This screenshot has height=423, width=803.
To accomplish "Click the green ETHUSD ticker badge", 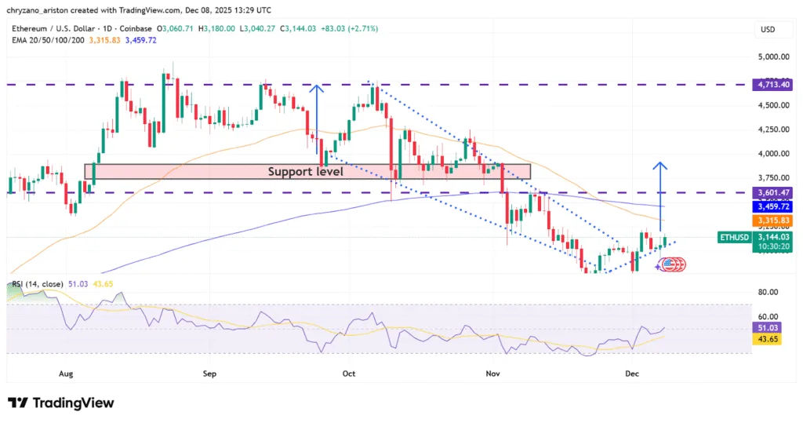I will pyautogui.click(x=736, y=236).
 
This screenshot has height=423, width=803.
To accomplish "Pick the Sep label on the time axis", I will pyautogui.click(x=209, y=374).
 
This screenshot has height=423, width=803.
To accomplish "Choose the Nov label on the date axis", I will pyautogui.click(x=492, y=374).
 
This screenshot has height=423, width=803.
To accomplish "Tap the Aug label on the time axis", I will pyautogui.click(x=66, y=374).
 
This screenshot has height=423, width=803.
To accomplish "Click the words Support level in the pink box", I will pyautogui.click(x=305, y=171).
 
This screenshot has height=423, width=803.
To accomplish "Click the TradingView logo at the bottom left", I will pyautogui.click(x=61, y=403).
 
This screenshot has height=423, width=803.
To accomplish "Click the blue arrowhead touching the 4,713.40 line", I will pyautogui.click(x=316, y=89).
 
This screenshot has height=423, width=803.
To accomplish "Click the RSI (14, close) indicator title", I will pyautogui.click(x=37, y=284).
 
